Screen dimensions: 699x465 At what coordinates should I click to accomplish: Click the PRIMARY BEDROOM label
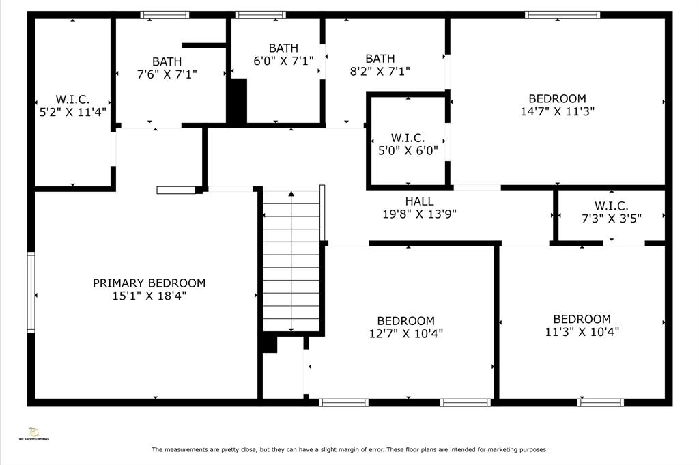[149, 283]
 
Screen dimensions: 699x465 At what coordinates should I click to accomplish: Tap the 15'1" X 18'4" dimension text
[149, 296]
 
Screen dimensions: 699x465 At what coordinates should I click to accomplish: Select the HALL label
[420, 201]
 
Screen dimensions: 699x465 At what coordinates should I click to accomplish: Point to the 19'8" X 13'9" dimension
[420, 214]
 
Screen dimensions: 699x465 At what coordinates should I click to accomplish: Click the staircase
[291, 261]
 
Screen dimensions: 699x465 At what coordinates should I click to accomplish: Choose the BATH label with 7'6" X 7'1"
[167, 61]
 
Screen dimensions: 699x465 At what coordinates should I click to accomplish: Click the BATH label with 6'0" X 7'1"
[283, 48]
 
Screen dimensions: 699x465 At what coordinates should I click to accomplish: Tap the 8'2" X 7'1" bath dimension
[380, 71]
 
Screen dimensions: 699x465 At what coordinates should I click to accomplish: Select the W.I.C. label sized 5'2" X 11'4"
[72, 100]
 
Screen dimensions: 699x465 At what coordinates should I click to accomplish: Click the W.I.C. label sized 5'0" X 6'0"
[408, 138]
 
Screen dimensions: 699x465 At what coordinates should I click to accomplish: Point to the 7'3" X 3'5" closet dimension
[612, 219]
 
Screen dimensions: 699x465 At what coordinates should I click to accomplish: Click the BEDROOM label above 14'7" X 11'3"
[557, 98]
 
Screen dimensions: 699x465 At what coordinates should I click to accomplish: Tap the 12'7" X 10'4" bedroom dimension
[405, 333]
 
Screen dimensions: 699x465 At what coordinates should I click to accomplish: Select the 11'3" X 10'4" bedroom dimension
[582, 332]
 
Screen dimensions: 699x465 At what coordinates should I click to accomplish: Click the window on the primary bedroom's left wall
[31, 292]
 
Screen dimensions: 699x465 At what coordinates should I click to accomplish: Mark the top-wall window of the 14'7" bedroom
[562, 15]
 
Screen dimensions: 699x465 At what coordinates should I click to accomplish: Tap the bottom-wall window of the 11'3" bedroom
[601, 403]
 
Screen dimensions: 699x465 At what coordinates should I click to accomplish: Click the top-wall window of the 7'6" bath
[165, 15]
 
